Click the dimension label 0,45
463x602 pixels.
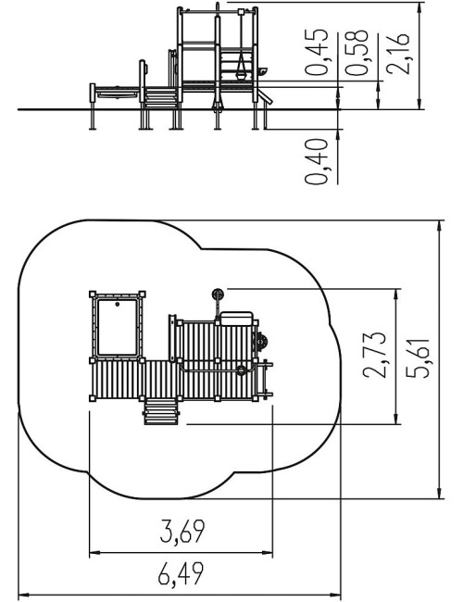click(x=317, y=52)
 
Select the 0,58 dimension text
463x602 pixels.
click(x=357, y=52)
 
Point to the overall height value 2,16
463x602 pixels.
click(x=398, y=54)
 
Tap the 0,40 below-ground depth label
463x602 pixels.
click(x=317, y=162)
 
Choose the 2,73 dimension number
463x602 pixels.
click(x=374, y=355)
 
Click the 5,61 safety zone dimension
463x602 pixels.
click(x=418, y=357)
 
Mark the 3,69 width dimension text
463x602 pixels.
click(x=182, y=532)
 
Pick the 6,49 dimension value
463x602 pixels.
click(x=181, y=573)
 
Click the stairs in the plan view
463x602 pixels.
click(x=161, y=411)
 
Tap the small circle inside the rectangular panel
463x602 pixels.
click(x=117, y=304)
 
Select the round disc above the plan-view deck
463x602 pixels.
click(x=218, y=295)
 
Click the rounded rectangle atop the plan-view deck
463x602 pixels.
click(x=236, y=318)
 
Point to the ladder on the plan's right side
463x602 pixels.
click(x=265, y=380)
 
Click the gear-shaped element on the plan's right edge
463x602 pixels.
click(x=262, y=342)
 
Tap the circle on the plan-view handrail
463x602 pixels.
click(x=241, y=370)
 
